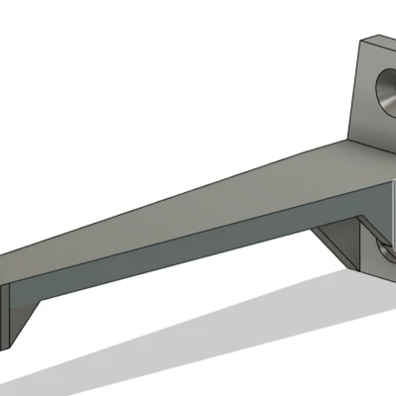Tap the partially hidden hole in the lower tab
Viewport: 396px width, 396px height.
coord(384,259)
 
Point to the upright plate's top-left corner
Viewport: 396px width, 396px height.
coord(359,40)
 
